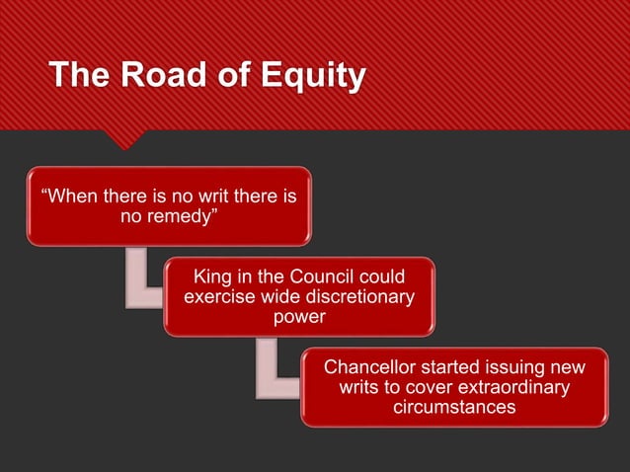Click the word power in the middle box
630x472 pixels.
pos(299,318)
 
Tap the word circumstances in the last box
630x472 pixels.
pos(454,409)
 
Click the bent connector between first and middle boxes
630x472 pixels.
pos(138,281)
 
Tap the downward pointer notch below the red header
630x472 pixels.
pos(125,140)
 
